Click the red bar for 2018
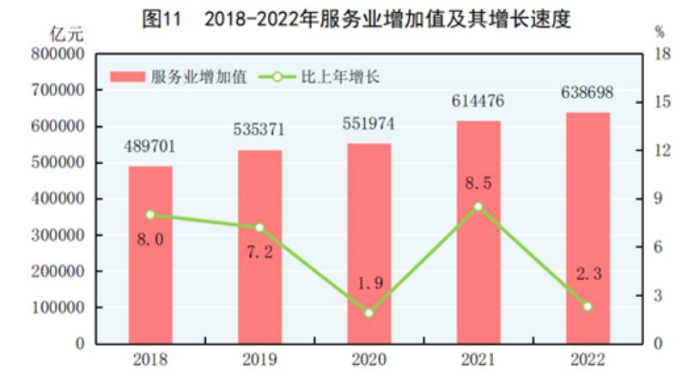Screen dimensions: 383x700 point(150,258)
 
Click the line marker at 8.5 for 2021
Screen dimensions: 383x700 point(478,206)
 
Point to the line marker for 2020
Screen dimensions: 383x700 point(369,313)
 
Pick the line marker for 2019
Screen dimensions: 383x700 point(259,228)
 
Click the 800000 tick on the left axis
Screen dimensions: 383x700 point(60,54)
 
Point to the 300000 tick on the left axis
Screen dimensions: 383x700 point(60,234)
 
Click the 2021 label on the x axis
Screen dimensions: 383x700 point(478,359)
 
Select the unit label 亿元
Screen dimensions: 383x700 point(66,34)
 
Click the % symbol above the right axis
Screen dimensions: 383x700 point(660,33)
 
